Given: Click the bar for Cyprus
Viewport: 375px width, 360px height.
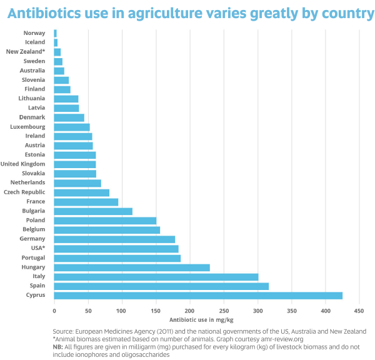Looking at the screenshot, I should point(198,295).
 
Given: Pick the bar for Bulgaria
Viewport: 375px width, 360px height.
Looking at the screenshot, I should point(93,211).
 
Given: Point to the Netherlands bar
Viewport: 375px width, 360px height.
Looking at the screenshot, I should point(77,183).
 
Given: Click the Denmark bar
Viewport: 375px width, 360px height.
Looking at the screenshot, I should point(69,117).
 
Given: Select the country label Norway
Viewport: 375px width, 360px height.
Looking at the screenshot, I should point(34,33).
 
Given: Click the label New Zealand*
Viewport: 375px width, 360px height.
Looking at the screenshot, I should point(25,52).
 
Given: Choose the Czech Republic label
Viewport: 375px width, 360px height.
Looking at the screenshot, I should point(24,192).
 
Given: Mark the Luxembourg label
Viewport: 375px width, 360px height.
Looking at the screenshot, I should point(28,126).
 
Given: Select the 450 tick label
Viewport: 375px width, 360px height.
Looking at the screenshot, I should point(359,309).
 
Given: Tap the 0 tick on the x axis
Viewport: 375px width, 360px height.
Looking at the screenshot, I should point(54,309).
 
